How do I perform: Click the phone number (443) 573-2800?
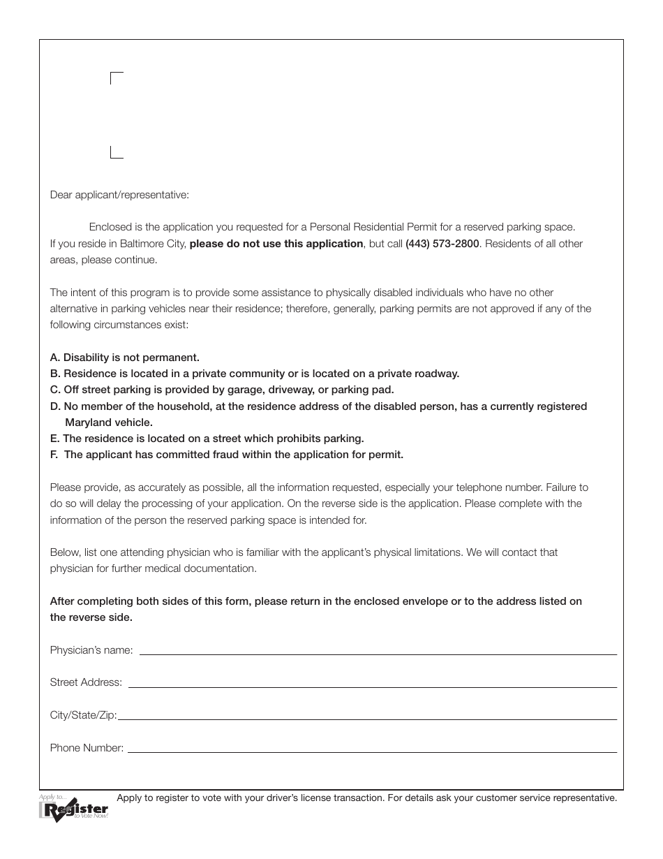[442, 244]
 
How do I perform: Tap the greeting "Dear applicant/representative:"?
[119, 195]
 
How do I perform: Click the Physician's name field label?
[91, 650]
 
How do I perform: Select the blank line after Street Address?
[372, 686]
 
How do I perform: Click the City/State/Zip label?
[83, 715]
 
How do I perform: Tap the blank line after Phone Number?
[372, 751]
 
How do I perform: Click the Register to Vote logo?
[74, 809]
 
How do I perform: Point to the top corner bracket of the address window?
[117, 78]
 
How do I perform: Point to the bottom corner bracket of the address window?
[117, 153]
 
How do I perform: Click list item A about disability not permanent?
[125, 358]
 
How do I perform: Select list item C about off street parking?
[222, 390]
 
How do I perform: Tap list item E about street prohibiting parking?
[207, 439]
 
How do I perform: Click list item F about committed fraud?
[227, 455]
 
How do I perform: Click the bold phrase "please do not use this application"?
[276, 244]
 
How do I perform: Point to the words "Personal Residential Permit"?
[373, 227]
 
